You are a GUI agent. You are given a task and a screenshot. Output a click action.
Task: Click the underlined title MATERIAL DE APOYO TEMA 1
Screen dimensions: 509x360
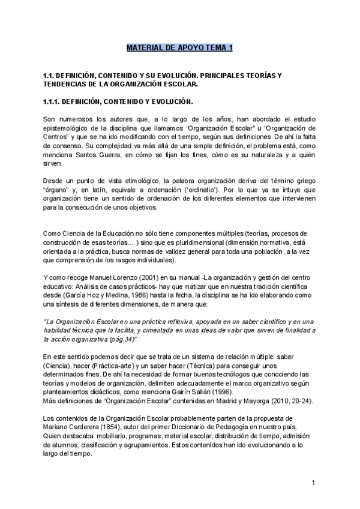coord(179,47)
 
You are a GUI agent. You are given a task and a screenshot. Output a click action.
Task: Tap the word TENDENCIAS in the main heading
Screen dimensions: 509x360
coord(62,84)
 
